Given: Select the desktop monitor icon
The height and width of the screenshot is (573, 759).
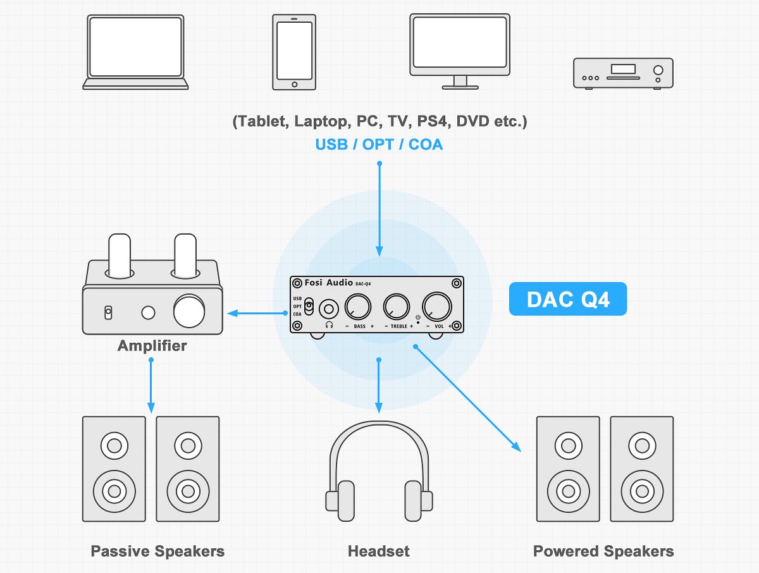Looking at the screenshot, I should [460, 51].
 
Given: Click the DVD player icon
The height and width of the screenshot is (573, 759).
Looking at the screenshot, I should [622, 73].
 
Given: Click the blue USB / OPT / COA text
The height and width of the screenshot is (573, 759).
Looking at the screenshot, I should [379, 144].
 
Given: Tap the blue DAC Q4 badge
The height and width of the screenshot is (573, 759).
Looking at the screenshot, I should [567, 299].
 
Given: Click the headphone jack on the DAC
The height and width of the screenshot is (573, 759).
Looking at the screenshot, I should [329, 309].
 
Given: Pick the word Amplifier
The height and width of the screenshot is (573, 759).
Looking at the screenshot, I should [152, 346].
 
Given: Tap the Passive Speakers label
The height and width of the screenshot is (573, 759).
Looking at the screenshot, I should [157, 551].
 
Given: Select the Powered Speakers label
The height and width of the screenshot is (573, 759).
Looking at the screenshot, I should [603, 551].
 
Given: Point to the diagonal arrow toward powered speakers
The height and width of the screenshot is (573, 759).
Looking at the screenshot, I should [468, 398].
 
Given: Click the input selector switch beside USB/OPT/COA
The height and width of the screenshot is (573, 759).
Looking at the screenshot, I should [309, 307].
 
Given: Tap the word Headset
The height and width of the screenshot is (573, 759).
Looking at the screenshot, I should [378, 551].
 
